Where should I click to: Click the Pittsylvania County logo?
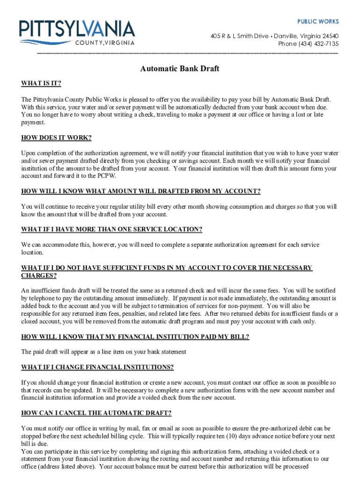coord(77,32)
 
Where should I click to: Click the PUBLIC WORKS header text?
coord(318,22)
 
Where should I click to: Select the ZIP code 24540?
coord(330,36)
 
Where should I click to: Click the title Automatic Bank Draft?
coord(180,69)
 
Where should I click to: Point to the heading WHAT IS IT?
coord(41,84)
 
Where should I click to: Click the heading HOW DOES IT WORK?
coord(56,138)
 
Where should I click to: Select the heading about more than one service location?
coord(112,229)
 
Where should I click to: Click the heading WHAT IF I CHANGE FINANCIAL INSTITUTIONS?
coord(97,367)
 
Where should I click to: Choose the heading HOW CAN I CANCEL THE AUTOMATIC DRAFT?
coord(96,413)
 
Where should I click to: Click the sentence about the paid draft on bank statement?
coord(104,352)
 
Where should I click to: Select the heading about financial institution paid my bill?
coord(135,337)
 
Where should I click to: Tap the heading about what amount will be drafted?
coord(141,191)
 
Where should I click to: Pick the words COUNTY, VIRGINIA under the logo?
coord(105,44)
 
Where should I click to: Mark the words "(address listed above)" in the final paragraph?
coord(68,466)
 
